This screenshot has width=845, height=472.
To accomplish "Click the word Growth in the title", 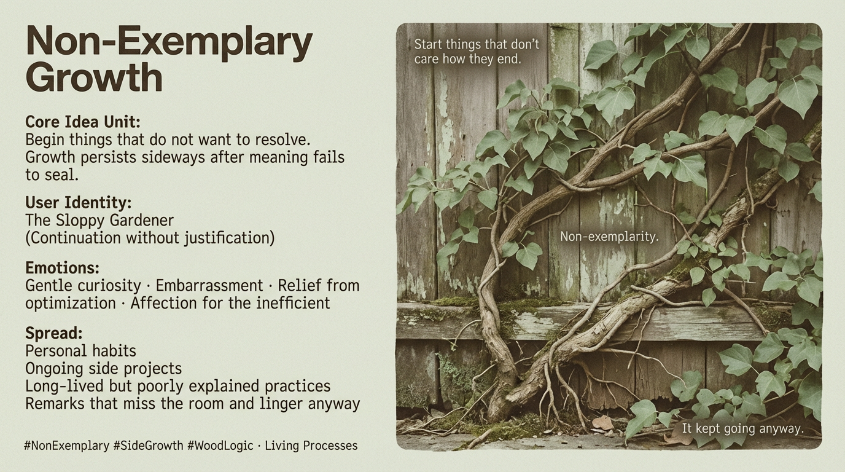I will (x=94, y=78).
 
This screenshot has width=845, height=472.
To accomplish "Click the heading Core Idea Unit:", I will (x=83, y=121).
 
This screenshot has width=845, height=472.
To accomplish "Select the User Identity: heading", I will (x=79, y=202).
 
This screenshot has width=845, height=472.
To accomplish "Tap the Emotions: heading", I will (x=62, y=268).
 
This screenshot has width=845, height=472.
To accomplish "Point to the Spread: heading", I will (x=54, y=334).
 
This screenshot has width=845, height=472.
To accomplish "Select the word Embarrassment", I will (x=209, y=286).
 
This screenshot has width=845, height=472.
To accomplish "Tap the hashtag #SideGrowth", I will (x=148, y=446).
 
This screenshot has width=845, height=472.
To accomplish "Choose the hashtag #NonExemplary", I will (x=66, y=446).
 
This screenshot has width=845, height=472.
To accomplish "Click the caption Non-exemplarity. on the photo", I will (x=609, y=236).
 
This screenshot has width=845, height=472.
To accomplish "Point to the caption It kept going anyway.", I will (x=742, y=428).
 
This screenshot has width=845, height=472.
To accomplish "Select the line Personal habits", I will (x=80, y=351).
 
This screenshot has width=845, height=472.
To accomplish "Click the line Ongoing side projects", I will (x=103, y=369).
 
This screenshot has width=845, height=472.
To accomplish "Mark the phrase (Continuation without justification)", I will (x=150, y=237).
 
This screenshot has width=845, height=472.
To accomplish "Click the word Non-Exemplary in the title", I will (x=169, y=42).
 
